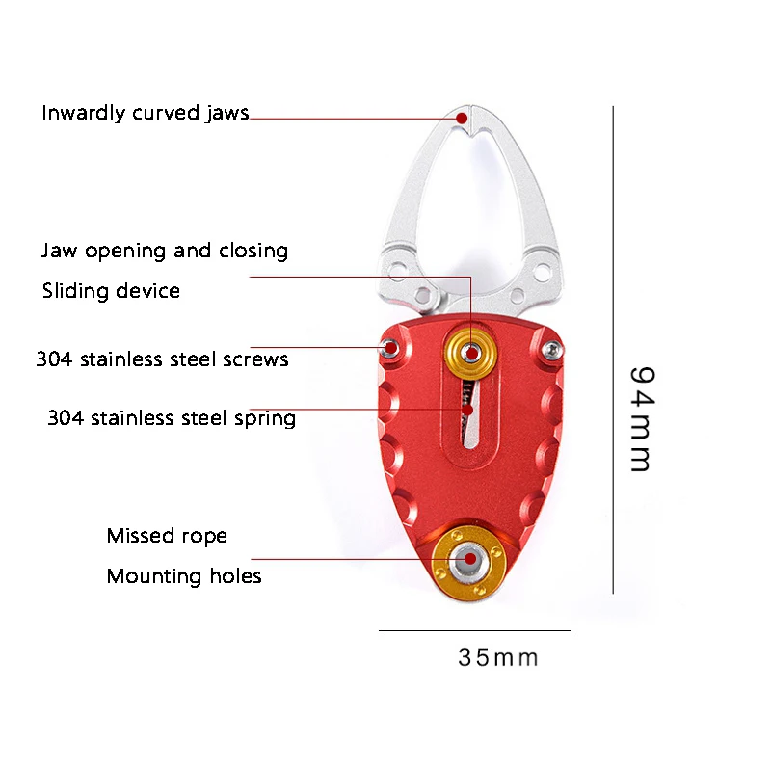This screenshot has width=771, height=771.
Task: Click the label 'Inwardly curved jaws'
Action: coord(145,114)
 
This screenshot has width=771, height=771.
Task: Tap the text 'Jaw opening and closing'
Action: coord(165,252)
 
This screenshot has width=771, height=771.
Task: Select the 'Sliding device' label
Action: coord(111,291)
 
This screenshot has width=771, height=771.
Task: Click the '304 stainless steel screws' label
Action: coord(162,360)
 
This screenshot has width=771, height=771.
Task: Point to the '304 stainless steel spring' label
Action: coord(172,419)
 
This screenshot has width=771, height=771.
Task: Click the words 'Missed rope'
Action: coord(167,536)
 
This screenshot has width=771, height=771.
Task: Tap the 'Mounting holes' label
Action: coord(184,577)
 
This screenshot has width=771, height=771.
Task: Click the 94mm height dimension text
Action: coord(640,418)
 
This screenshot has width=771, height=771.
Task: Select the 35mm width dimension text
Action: coord(497,658)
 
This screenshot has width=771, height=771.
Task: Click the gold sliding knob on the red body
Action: coord(472,354)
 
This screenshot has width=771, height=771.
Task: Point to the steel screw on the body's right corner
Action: coord(551,348)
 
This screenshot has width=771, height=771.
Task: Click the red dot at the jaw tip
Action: coord(463,118)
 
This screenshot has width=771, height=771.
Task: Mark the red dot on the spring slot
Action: coord(468,410)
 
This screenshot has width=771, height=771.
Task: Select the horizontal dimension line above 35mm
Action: coord(474,631)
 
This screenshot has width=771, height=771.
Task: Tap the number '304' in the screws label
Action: coord(55,360)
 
